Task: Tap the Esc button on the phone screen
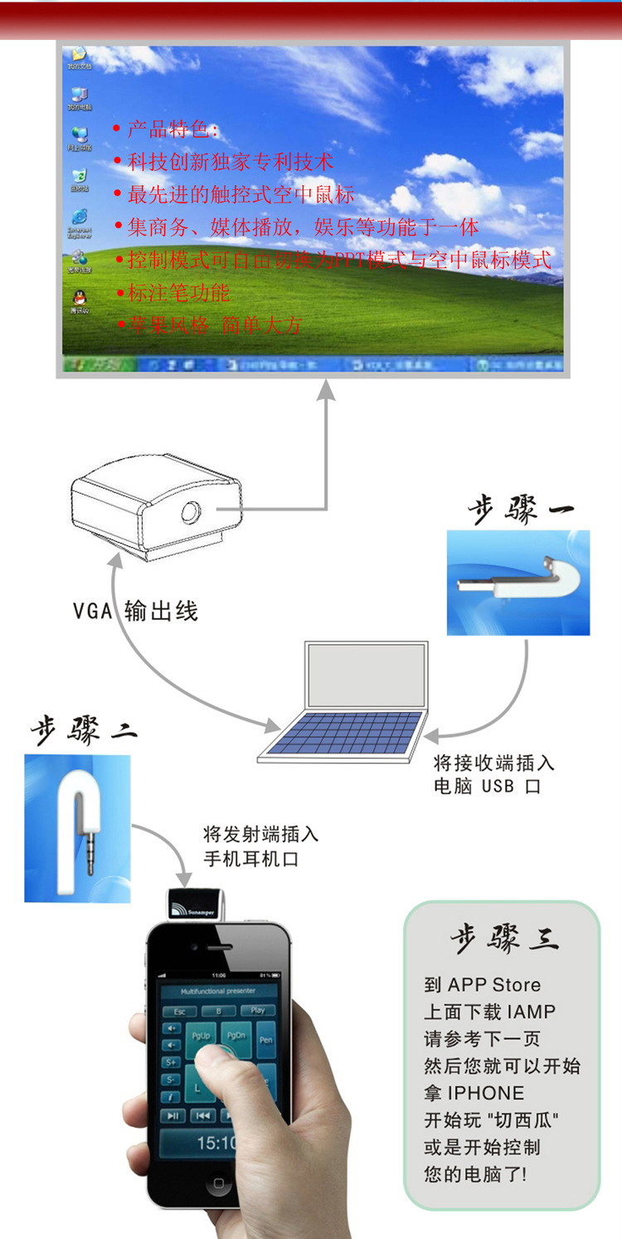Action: click(179, 1012)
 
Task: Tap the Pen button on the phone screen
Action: click(265, 1040)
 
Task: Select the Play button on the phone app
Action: click(258, 1011)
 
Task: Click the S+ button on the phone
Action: click(172, 1062)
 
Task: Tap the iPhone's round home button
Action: click(218, 1183)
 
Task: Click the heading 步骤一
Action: click(521, 508)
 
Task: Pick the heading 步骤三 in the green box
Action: click(503, 939)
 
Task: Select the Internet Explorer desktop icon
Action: click(80, 220)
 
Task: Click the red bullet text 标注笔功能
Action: click(177, 292)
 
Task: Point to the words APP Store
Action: click(494, 985)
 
